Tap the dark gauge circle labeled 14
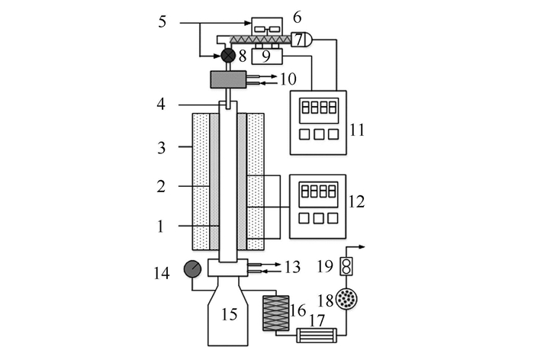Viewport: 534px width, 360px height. click(192, 269)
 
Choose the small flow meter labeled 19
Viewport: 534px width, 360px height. click(347, 267)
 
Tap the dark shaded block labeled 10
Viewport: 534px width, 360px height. click(228, 78)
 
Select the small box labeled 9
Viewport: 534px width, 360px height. click(266, 56)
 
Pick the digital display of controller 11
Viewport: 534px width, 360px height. click(317, 108)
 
